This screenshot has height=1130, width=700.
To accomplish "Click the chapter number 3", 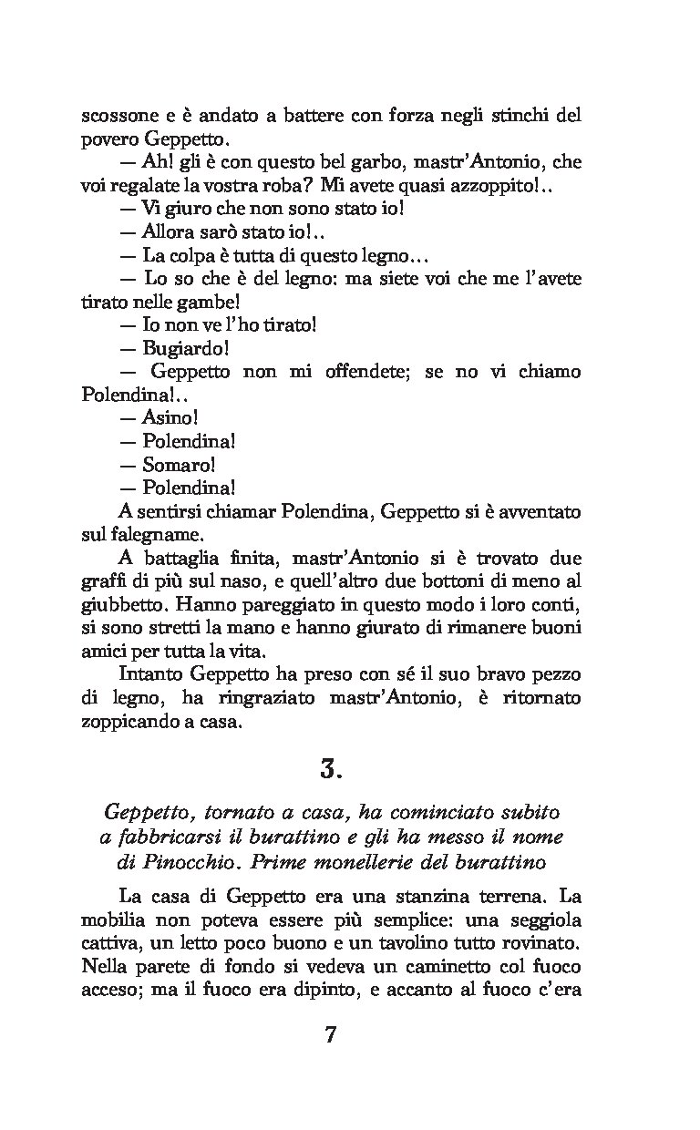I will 330,770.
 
